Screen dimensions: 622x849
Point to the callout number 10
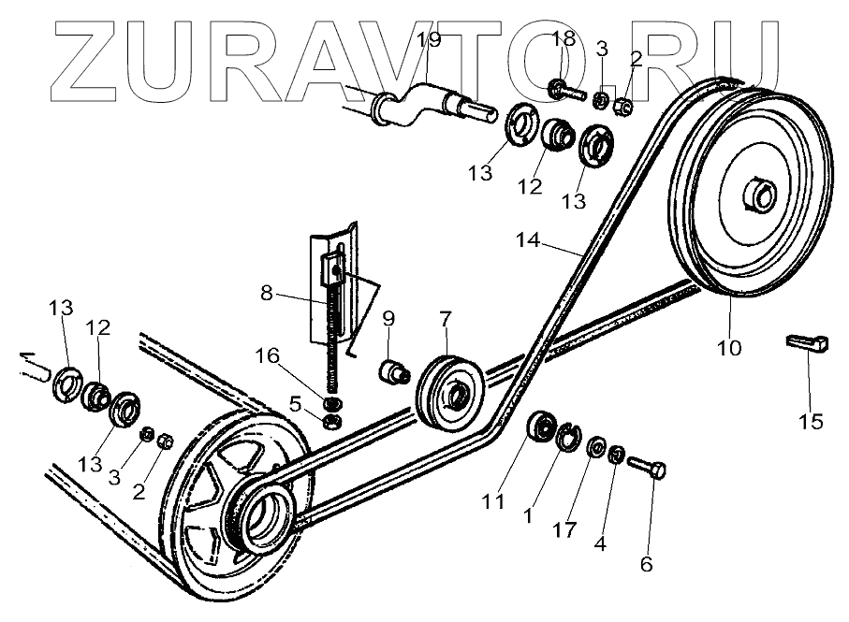[x=729, y=348]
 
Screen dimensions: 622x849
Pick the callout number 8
[x=268, y=292]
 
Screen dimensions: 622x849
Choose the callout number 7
[x=445, y=321]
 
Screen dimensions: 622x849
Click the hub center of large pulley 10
[x=754, y=196]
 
